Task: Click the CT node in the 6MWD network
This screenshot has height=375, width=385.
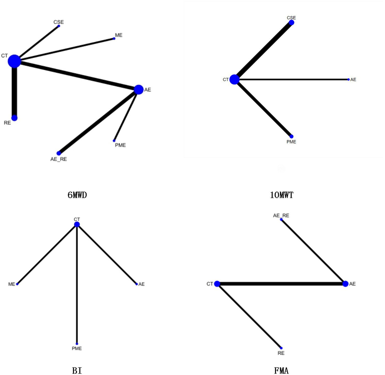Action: point(14,61)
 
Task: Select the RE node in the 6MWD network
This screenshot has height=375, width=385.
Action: point(14,118)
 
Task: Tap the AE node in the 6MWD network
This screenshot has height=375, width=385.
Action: point(138,90)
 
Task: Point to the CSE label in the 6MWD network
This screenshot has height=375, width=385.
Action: point(58,22)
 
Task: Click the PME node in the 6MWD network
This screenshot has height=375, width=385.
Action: point(114,141)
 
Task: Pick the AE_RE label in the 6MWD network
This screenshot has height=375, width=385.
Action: point(58,159)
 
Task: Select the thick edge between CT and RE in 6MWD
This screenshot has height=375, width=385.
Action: point(14,90)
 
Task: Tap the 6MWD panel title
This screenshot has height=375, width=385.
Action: point(77,195)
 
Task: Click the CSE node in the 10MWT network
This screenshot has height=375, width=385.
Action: point(291,23)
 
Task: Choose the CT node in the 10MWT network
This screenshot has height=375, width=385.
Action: point(234,80)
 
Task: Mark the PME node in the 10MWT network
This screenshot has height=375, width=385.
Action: point(291,136)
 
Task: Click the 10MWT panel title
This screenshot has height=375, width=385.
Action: point(281,195)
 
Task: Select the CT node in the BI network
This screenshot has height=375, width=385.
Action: point(77,224)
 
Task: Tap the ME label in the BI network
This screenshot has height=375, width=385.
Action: point(12,284)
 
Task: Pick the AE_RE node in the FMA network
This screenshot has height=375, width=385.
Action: point(281,219)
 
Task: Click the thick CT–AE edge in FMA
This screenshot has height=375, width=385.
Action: point(281,284)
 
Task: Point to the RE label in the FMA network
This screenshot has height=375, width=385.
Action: point(281,353)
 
